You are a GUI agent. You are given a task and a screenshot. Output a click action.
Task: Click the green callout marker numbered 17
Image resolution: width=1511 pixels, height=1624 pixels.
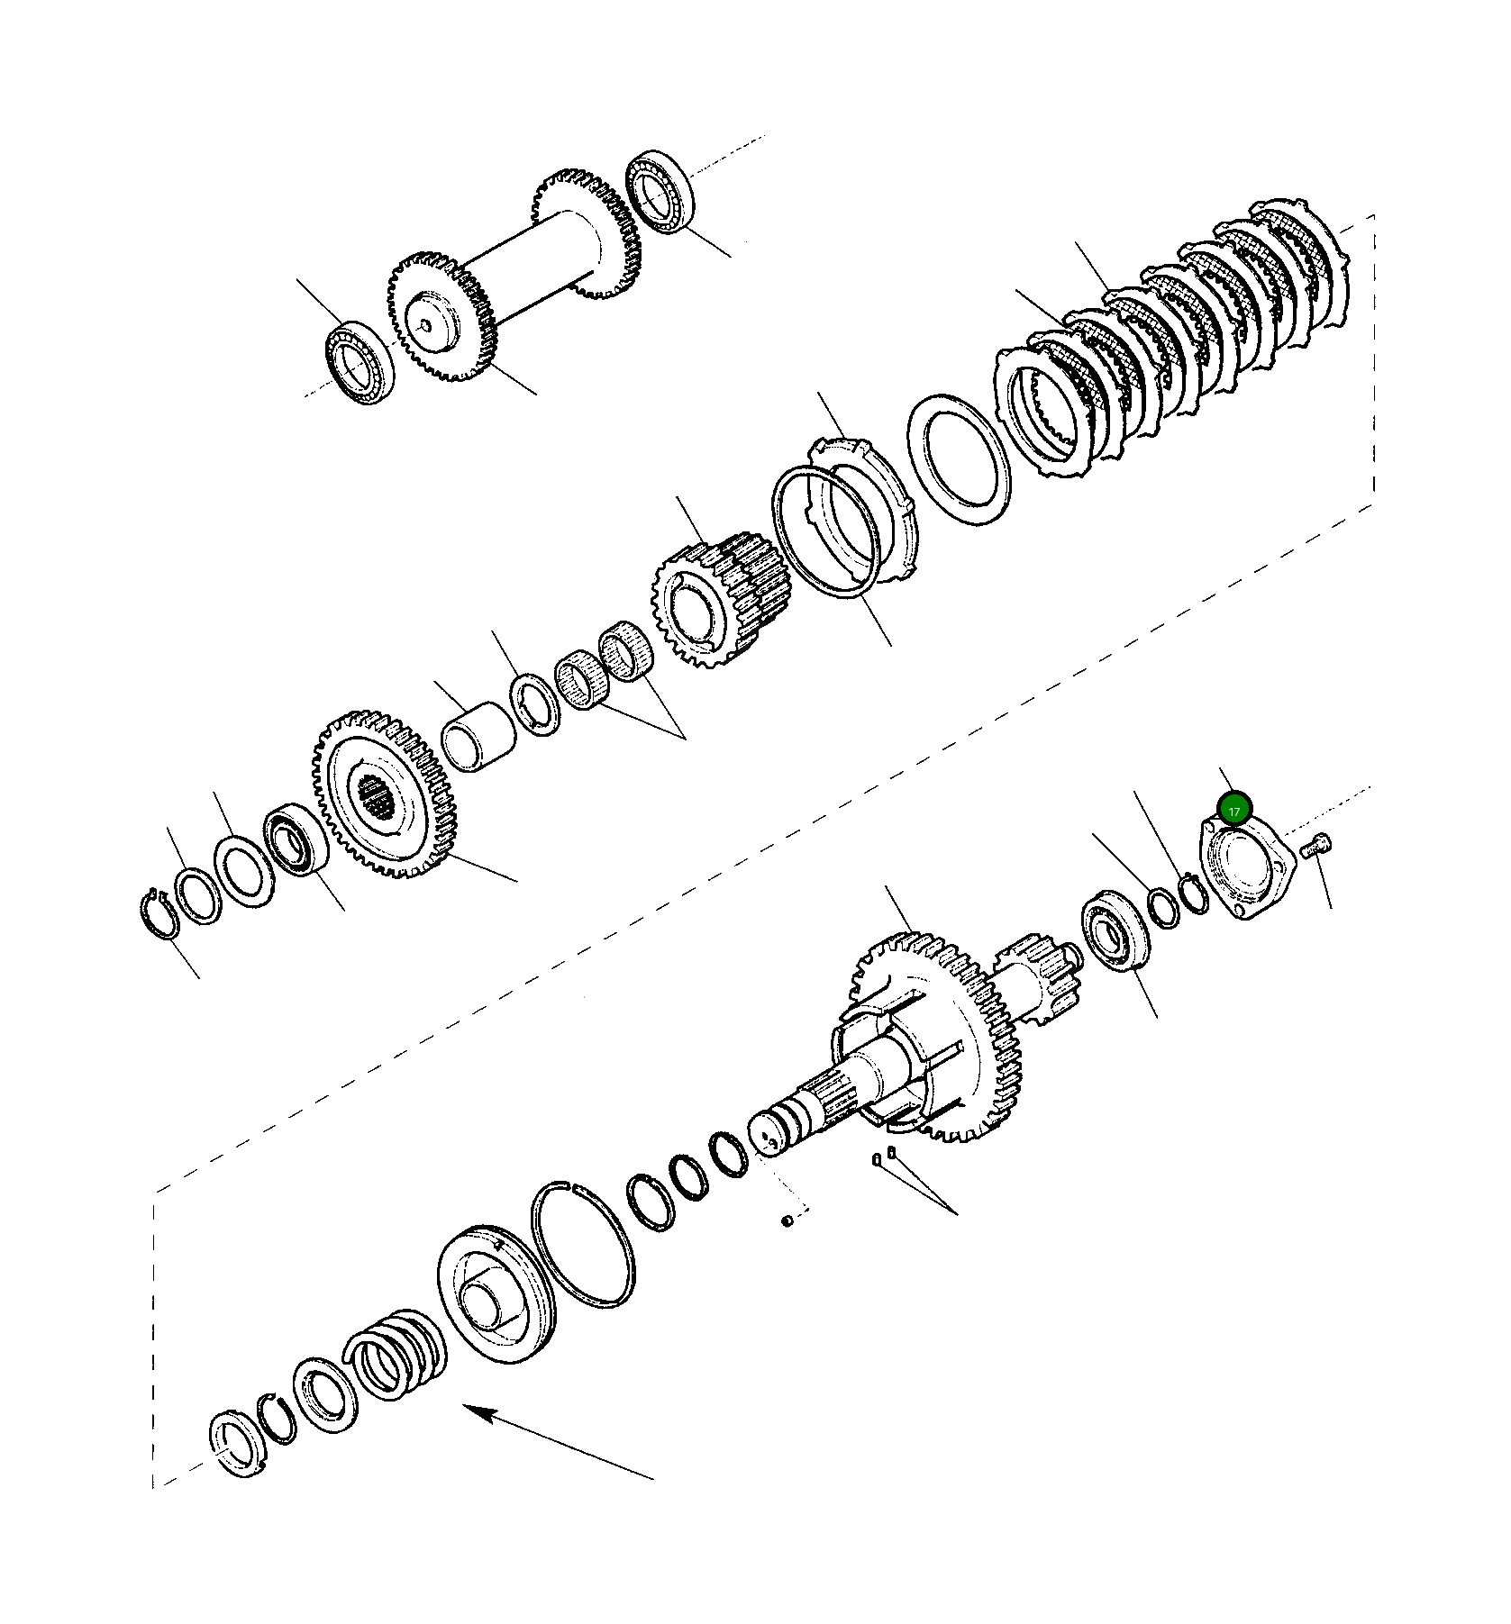click(x=1233, y=808)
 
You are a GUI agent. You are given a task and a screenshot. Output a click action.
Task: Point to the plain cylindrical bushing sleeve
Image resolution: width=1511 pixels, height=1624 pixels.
click(x=478, y=738)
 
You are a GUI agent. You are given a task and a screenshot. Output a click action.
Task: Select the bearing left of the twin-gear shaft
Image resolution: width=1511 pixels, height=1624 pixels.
click(x=360, y=361)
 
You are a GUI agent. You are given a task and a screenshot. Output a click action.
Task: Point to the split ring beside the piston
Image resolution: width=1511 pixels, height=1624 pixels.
click(x=584, y=1240)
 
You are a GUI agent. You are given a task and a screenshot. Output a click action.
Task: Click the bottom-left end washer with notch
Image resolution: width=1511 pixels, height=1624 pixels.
click(x=241, y=1447)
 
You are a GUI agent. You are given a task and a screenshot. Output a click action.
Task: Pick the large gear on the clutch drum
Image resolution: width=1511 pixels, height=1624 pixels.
click(x=937, y=1036)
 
